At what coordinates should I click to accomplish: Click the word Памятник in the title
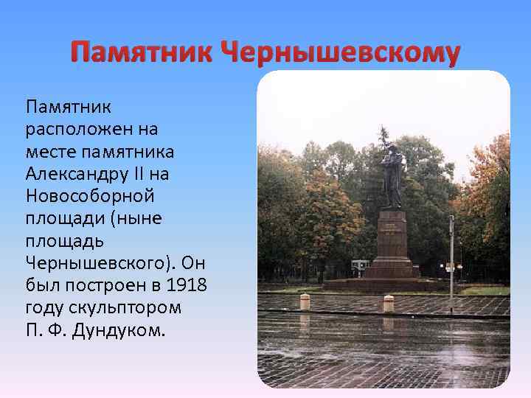coord(140,53)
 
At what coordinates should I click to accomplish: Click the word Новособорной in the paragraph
coord(88,197)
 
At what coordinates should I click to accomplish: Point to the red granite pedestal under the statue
coord(392,243)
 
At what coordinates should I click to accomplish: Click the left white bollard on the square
coord(304,302)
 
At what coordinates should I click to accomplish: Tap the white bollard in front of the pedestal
coord(388,303)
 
